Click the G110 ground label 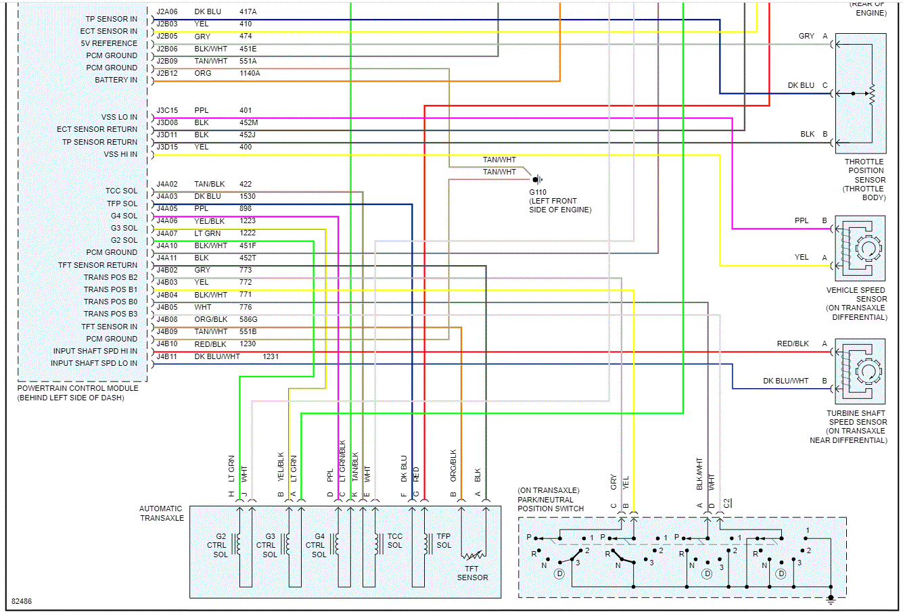click(538, 192)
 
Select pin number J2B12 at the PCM click(167, 73)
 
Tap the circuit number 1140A click(250, 73)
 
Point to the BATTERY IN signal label click(116, 80)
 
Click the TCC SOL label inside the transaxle click(395, 540)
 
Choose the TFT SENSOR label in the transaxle click(472, 573)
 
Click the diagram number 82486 click(22, 601)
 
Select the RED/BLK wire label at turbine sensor click(793, 344)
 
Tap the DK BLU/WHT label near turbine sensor click(785, 381)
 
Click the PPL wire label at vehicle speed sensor click(802, 220)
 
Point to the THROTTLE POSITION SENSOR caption click(864, 179)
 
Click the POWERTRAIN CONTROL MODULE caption click(78, 388)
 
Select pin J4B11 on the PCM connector click(167, 356)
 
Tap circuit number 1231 click(271, 356)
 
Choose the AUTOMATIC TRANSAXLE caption click(161, 513)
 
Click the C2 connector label click(726, 503)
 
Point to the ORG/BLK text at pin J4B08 click(211, 319)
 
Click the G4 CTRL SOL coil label click(317, 545)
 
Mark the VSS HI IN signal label click(120, 154)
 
